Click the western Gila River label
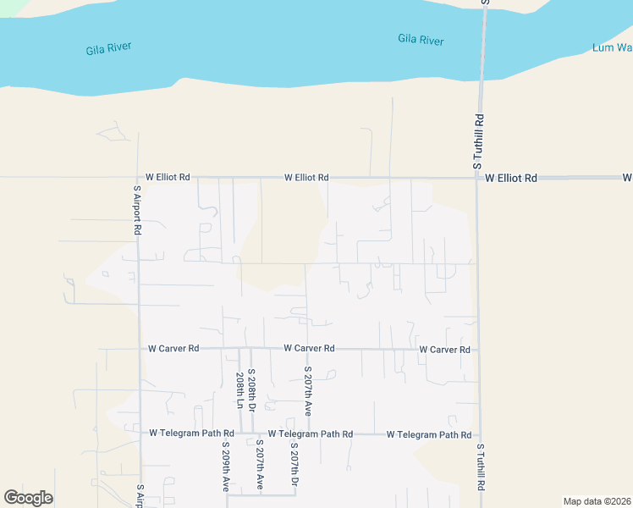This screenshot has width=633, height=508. [x=109, y=49]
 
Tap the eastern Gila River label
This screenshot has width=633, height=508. [x=421, y=39]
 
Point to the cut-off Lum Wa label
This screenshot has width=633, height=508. [x=612, y=48]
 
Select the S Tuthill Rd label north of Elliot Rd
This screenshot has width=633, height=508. [x=479, y=141]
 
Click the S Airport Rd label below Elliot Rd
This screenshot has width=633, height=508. [x=136, y=211]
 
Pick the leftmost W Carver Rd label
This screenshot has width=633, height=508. [x=173, y=348]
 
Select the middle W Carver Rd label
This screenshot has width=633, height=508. [x=309, y=348]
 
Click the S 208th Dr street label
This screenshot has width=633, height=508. [x=251, y=390]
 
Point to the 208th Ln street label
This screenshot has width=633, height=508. [x=240, y=390]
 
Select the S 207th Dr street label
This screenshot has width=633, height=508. [x=294, y=465]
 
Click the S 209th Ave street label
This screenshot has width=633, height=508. [x=226, y=467]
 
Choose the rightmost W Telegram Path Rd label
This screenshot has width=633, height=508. [x=428, y=434]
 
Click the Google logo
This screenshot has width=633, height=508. [x=28, y=498]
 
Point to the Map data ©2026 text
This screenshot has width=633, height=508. [x=596, y=501]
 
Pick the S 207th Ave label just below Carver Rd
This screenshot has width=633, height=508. [x=308, y=390]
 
